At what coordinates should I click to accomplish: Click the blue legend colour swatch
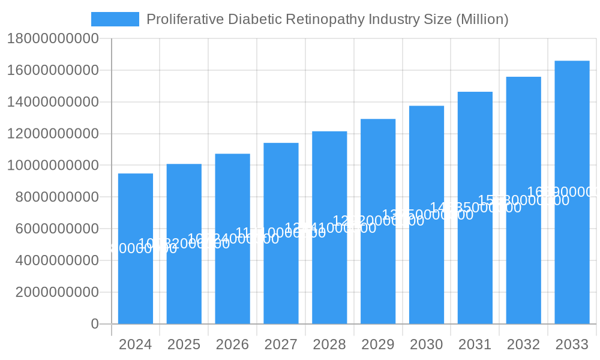tap(115, 19)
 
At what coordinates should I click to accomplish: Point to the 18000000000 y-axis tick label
tap(53, 39)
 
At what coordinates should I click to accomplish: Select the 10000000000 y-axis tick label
tap(53, 166)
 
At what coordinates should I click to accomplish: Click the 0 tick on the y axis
tap(95, 324)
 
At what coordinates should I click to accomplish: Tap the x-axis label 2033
tap(572, 345)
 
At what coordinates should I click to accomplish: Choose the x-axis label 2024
tap(136, 345)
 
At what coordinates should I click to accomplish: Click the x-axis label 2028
tap(329, 345)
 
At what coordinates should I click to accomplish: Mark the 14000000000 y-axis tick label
tap(53, 102)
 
